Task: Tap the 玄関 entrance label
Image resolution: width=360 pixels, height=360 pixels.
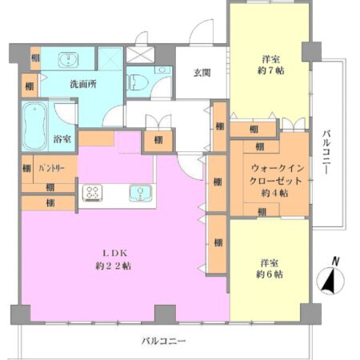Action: (202, 73)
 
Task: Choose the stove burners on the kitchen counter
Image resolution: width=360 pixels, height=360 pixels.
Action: (93, 193)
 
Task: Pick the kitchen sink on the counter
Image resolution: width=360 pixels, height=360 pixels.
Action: (144, 193)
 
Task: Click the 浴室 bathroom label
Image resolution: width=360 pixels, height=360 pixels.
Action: (62, 138)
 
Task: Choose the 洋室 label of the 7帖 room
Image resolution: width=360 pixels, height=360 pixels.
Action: (270, 58)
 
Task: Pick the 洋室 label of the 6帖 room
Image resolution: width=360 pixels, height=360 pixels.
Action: (268, 262)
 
